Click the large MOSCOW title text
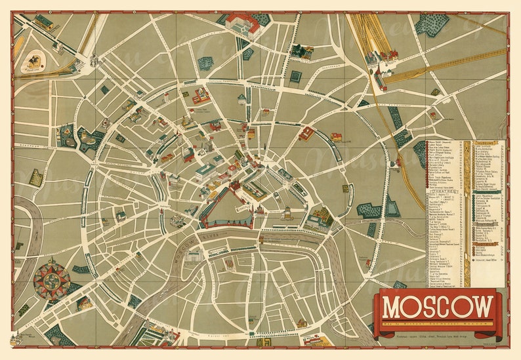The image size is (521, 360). [438, 307]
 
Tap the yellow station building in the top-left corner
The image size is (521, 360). [45, 22]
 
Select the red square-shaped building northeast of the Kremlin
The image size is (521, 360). [306, 134]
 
